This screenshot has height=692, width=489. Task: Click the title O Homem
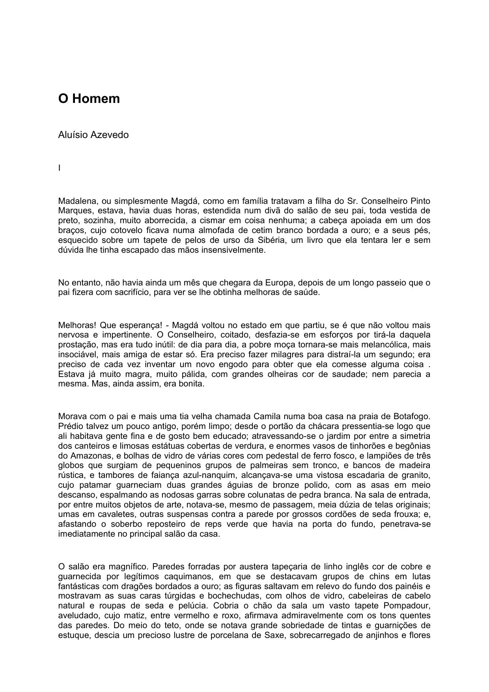[89, 99]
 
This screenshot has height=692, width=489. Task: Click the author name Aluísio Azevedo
[93, 135]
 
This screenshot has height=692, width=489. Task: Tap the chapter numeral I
[60, 168]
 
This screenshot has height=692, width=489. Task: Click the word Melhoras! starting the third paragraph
[77, 325]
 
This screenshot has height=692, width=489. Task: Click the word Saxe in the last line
[274, 635]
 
